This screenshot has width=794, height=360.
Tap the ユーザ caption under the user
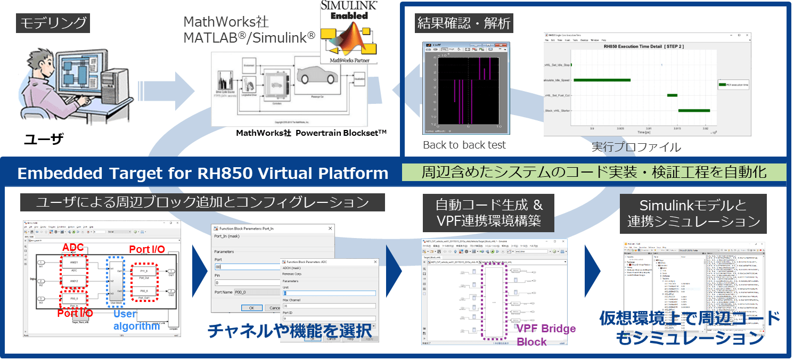tap(43, 140)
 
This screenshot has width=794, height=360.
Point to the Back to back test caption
tap(464, 145)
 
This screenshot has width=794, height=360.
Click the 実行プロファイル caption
tap(636, 147)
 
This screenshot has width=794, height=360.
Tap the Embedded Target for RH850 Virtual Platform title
tap(202, 173)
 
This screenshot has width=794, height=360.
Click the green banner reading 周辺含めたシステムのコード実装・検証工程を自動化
tap(593, 172)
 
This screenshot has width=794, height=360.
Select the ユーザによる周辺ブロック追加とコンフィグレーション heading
tap(202, 202)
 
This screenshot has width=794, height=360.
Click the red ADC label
tap(73, 248)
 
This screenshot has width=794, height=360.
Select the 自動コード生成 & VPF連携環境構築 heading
tap(488, 212)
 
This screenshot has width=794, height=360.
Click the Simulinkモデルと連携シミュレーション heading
tap(693, 213)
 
